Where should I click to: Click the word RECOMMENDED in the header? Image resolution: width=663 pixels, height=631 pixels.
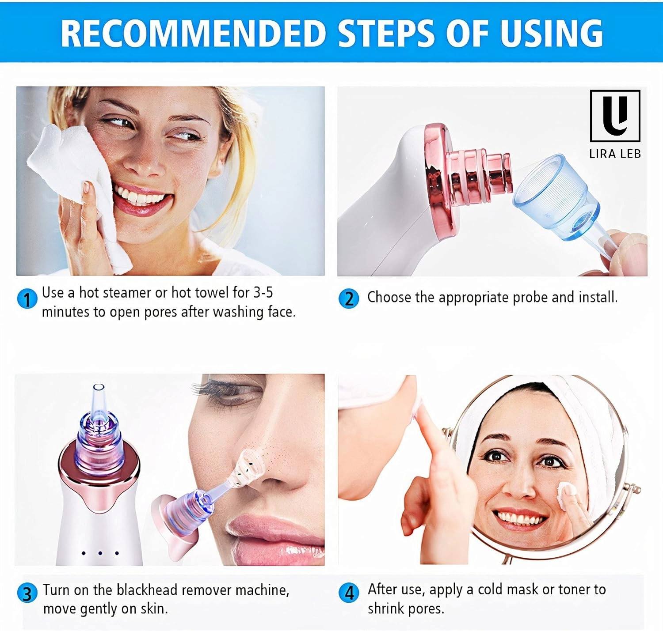[x=193, y=33]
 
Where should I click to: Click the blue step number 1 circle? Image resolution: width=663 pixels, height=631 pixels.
[x=27, y=298]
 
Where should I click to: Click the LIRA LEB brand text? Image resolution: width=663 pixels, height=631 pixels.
[x=615, y=154]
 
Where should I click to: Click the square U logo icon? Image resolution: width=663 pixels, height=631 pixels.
[x=615, y=116]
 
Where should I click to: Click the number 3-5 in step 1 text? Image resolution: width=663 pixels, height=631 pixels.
[x=263, y=292]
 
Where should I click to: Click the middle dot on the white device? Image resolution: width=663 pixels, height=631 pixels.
[x=100, y=553]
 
